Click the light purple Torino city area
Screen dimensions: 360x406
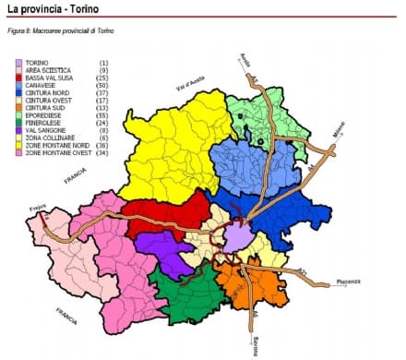(239, 238)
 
